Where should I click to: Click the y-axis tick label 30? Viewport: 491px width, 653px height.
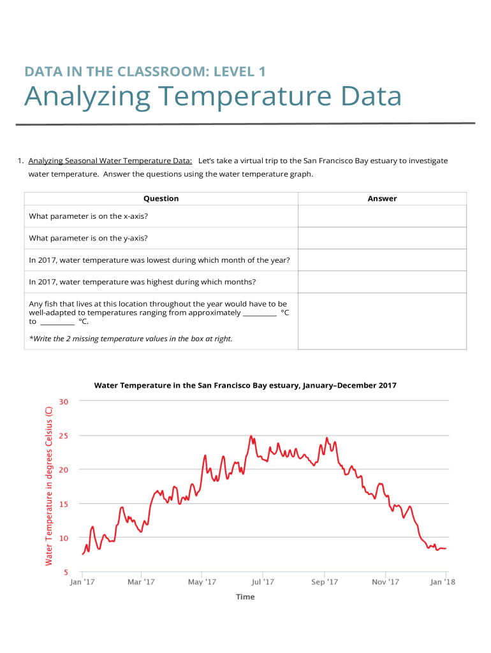(x=64, y=401)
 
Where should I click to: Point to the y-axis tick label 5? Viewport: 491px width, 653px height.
(x=66, y=572)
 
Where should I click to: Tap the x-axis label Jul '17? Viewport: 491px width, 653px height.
(x=263, y=582)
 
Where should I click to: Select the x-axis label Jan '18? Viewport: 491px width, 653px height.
(x=443, y=582)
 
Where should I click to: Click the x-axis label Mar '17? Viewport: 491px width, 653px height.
(x=141, y=582)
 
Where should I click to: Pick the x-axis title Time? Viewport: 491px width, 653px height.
(x=245, y=597)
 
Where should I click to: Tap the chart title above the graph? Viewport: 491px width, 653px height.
(x=245, y=385)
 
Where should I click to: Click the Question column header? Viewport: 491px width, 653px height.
(x=161, y=198)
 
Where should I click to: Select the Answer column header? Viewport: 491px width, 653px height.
(x=382, y=198)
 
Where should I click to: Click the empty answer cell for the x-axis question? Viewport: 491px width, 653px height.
(x=382, y=216)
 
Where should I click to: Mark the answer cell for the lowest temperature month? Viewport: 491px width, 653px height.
(x=382, y=260)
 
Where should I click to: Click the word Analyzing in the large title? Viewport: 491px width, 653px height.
(x=87, y=98)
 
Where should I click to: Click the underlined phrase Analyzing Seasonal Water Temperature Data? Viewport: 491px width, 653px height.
(x=110, y=161)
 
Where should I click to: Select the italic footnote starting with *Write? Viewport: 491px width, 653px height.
(x=131, y=339)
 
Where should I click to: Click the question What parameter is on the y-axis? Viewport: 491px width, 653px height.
(x=89, y=238)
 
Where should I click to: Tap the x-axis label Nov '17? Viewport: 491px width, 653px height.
(x=385, y=582)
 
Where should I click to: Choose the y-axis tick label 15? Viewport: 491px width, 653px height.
(x=64, y=504)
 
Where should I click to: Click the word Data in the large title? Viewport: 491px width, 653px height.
(x=370, y=98)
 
